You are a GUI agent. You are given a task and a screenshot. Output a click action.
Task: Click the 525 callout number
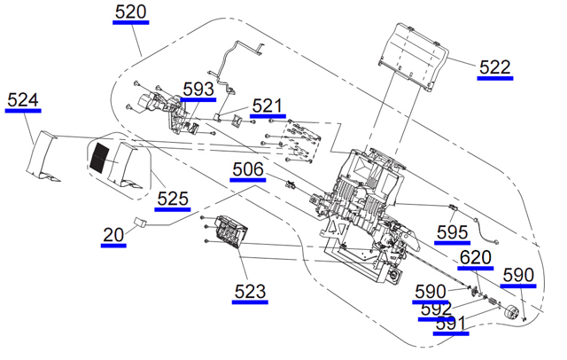(x=173, y=199)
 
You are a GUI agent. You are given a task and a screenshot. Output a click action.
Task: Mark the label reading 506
(x=248, y=169)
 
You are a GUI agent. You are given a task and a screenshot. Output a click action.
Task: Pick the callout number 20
(x=113, y=235)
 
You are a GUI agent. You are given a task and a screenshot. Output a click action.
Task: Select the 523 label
(x=250, y=290)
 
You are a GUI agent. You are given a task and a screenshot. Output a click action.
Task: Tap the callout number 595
(x=452, y=233)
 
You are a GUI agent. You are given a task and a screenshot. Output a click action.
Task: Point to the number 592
(x=437, y=309)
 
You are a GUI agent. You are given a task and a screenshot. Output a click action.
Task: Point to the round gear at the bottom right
(x=510, y=313)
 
